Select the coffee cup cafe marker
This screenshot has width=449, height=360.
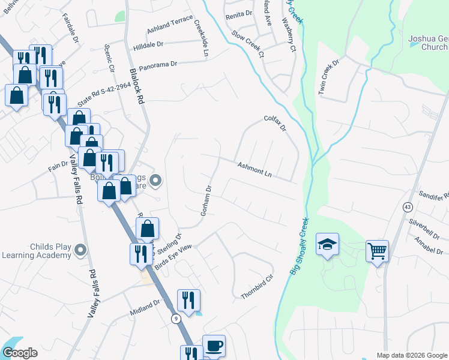[x=214, y=346]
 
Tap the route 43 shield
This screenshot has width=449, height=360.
[x=408, y=206]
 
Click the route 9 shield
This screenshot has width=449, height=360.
[x=176, y=317]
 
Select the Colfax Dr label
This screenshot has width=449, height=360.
[x=276, y=124]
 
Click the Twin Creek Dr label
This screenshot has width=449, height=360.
[x=330, y=77]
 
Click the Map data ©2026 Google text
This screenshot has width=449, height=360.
[x=412, y=355]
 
